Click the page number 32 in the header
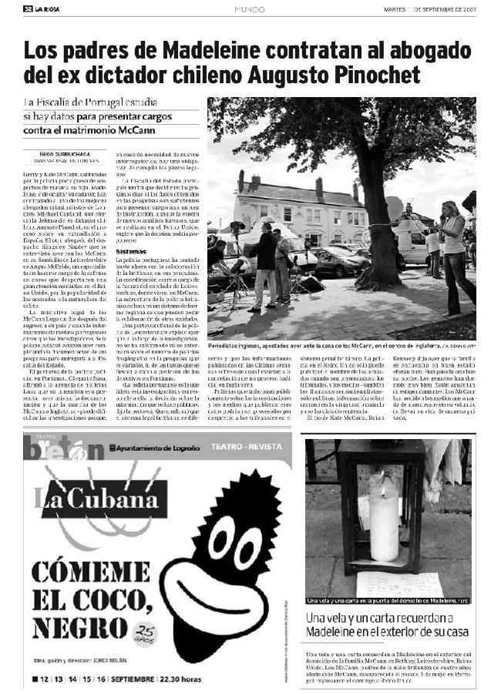pyautogui.click(x=28, y=8)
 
